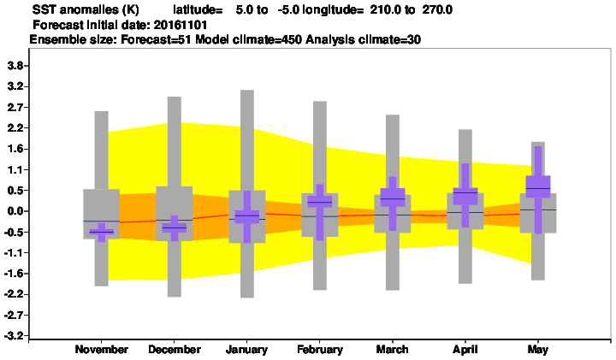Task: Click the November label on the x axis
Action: tap(101, 350)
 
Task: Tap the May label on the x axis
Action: tap(538, 350)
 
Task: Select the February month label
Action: tap(320, 350)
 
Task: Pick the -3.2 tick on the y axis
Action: tap(15, 336)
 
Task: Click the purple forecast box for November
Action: tap(101, 232)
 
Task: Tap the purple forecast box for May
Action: tap(538, 187)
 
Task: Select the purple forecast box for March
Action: tap(393, 198)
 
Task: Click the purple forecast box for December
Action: tap(175, 227)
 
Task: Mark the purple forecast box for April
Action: tap(465, 197)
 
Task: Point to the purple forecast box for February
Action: tap(320, 202)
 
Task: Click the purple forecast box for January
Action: tap(247, 217)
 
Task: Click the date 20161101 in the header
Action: tap(181, 25)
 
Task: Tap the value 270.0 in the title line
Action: tap(437, 9)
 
